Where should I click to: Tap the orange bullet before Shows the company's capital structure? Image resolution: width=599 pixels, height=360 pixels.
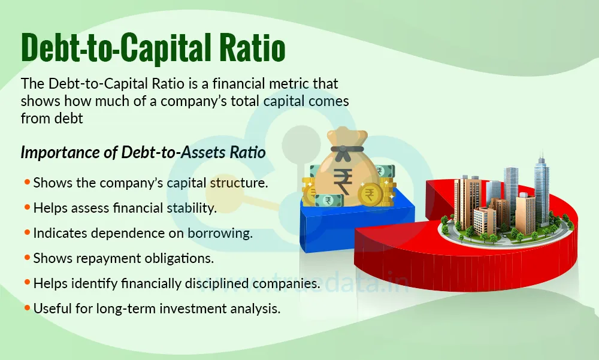[x=27, y=183]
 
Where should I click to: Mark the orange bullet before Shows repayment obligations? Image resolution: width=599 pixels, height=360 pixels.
[x=27, y=258]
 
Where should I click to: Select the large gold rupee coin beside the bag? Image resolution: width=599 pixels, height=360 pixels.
[x=370, y=193]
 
